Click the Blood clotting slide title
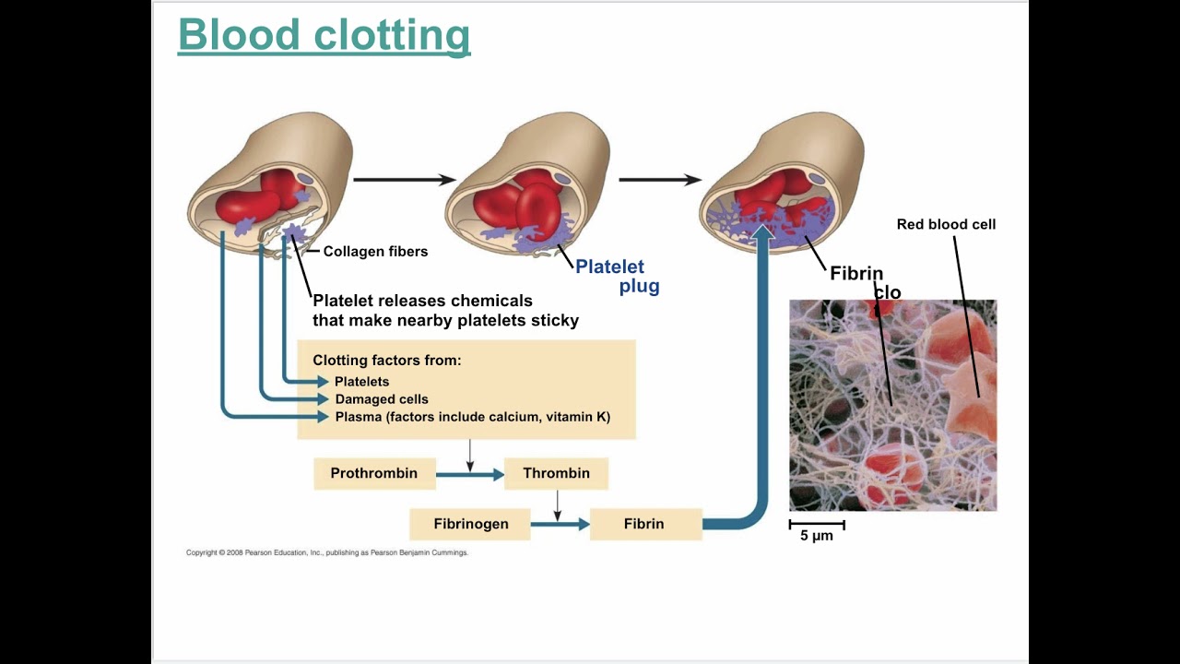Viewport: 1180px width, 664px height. (x=324, y=36)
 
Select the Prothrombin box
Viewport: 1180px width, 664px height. (x=374, y=474)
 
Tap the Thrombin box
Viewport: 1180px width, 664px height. (x=556, y=474)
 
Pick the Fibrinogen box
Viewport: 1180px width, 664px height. (x=470, y=524)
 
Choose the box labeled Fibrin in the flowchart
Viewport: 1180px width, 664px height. (x=643, y=524)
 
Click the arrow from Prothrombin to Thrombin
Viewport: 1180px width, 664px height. (x=469, y=475)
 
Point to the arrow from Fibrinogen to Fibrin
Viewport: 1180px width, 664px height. (x=560, y=524)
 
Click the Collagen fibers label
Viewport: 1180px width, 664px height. (x=375, y=252)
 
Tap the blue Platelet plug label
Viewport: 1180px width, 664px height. (x=617, y=277)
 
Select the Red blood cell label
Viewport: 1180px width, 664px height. (x=946, y=224)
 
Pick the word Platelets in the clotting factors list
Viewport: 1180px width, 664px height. (x=361, y=382)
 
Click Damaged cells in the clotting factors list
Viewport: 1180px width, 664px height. (x=382, y=399)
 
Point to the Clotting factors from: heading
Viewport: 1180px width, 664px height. (x=387, y=361)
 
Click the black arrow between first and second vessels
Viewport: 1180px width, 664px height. (x=404, y=180)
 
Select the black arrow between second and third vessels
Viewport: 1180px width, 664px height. (x=659, y=180)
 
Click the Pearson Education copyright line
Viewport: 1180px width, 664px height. (x=327, y=553)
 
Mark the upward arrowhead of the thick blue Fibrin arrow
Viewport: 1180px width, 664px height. (x=762, y=233)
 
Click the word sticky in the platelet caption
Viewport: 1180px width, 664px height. (x=553, y=321)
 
